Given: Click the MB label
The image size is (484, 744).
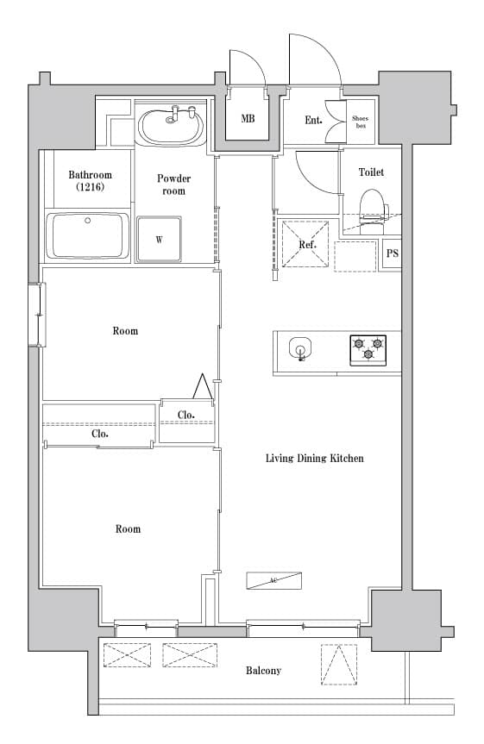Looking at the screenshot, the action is tap(248, 118).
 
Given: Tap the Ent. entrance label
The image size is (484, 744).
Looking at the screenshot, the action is tap(313, 120).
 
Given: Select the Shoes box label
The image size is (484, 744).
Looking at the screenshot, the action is tap(360, 122).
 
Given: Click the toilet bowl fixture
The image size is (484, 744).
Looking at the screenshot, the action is tap(374, 211).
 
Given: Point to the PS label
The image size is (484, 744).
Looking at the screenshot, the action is tap(393, 253).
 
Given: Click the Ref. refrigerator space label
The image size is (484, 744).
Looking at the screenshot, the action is tap(307, 245).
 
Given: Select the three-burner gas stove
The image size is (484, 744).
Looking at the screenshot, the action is tap(368, 350).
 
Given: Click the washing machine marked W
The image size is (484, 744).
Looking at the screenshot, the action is tap(159, 239).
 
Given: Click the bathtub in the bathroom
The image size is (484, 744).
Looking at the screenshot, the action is tap(87, 236).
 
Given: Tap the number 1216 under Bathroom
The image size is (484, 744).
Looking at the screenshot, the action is tap(91, 187).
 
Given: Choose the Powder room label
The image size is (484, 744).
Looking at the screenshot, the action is tap(173, 184).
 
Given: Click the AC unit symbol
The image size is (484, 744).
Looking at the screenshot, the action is tap(274, 581).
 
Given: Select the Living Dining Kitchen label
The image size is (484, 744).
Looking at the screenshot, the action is tap(314, 459).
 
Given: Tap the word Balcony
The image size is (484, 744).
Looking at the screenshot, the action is tap(263, 671).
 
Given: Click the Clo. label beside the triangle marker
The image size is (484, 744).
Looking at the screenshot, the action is tap(186, 415).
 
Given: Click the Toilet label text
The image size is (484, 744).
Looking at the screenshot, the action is tap(371, 172).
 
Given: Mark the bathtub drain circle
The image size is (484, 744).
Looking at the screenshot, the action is tap(87, 220).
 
